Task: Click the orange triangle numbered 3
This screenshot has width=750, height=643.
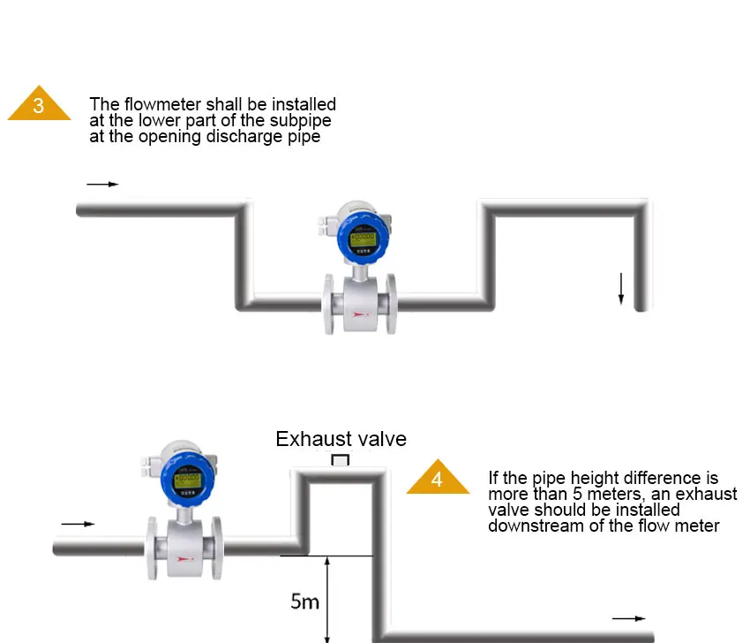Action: pos(39,105)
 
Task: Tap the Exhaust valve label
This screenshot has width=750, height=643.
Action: pos(341,439)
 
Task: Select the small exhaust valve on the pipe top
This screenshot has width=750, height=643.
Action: pos(340,461)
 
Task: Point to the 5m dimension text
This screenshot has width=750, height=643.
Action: pos(304,602)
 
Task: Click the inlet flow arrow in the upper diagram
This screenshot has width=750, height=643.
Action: pos(102,185)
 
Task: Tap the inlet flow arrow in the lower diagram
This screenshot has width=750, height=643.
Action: pos(77,524)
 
